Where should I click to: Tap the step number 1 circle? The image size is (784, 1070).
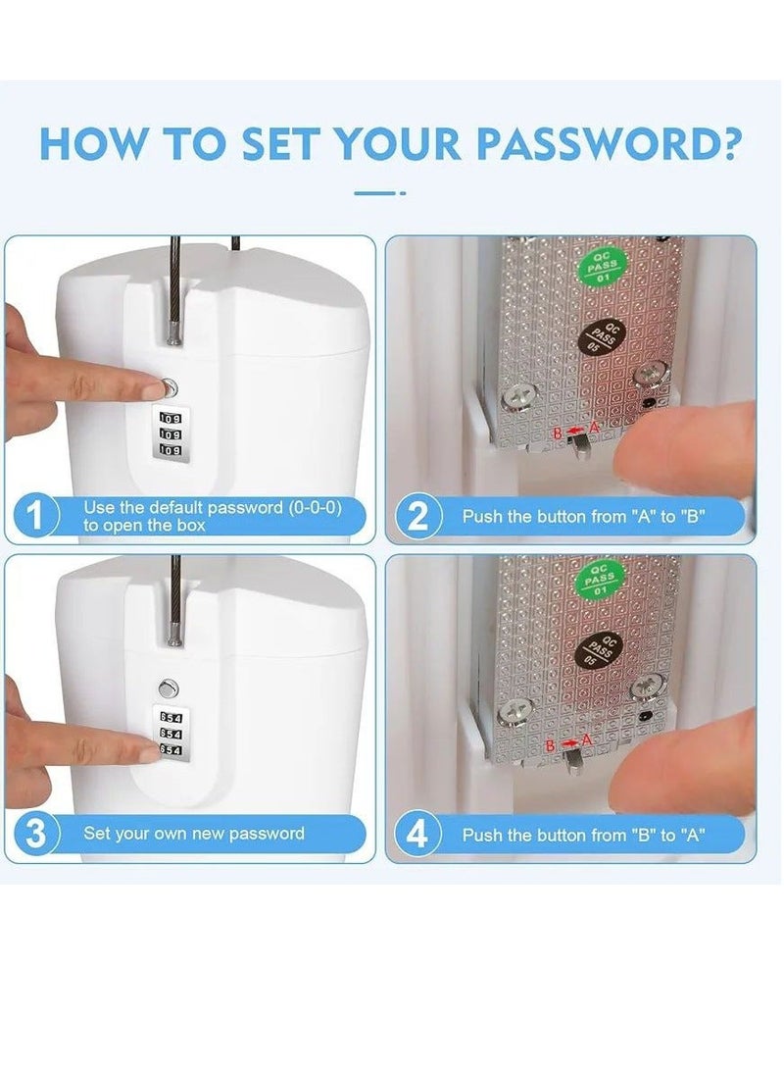pyautogui.click(x=34, y=516)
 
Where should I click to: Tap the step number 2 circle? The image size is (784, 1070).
pyautogui.click(x=417, y=516)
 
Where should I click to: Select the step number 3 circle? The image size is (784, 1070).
pyautogui.click(x=34, y=835)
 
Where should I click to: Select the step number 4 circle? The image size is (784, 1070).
pyautogui.click(x=417, y=835)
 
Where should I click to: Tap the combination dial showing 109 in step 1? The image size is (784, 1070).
pyautogui.click(x=170, y=433)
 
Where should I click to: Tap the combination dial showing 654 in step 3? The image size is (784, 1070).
pyautogui.click(x=170, y=734)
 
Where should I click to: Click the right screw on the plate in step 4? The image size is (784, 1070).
pyautogui.click(x=645, y=688)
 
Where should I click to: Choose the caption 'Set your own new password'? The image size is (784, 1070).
pyautogui.click(x=193, y=834)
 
